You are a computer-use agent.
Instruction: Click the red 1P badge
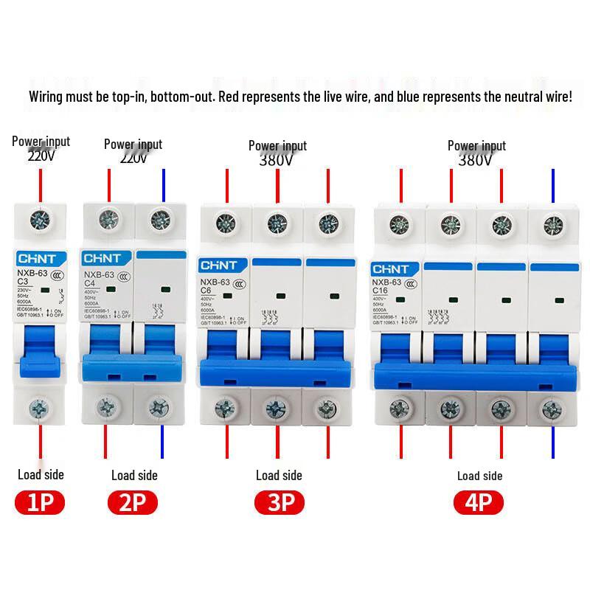[40, 503]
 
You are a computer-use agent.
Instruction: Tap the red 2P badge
[133, 503]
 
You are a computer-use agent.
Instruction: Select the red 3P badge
[280, 503]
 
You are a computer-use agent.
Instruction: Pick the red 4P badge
[479, 503]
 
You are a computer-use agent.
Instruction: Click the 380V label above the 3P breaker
[277, 159]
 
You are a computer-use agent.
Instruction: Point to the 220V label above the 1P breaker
[41, 156]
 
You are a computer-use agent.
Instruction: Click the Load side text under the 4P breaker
[479, 476]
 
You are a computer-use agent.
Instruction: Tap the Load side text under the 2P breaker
[134, 476]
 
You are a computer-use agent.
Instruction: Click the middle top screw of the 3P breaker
[277, 221]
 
